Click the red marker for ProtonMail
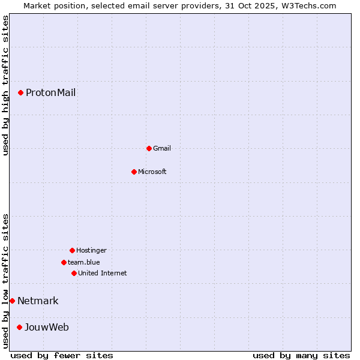(20, 92)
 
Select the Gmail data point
(149, 148)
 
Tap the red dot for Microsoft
(134, 172)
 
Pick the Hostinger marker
(72, 250)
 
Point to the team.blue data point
(64, 262)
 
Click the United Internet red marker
(74, 273)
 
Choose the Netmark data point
(12, 301)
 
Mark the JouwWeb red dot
(19, 327)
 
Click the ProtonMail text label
(50, 92)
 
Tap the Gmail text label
(162, 148)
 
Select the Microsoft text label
(152, 172)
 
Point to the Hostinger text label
(91, 250)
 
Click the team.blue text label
(84, 262)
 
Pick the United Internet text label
(103, 273)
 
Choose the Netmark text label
(38, 301)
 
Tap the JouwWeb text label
(46, 327)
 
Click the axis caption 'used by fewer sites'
(62, 355)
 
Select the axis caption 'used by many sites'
(301, 355)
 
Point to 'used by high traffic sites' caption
(5, 86)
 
